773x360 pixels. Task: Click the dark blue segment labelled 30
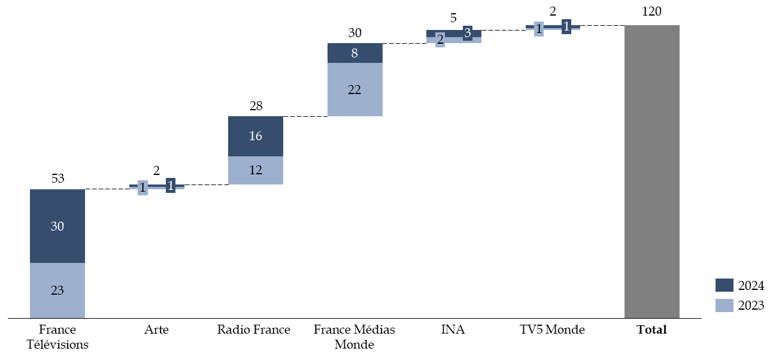tap(57, 210)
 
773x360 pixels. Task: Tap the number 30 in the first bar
tap(57, 226)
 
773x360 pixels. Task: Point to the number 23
tap(57, 291)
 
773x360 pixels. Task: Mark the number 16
tap(256, 137)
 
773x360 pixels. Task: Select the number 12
tap(256, 170)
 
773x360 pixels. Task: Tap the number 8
tap(354, 53)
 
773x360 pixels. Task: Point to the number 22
tap(354, 90)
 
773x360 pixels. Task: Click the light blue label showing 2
tap(440, 40)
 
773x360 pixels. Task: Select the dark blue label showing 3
tap(468, 33)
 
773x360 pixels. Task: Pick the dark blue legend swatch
tap(724, 285)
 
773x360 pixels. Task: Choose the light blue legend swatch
tap(724, 305)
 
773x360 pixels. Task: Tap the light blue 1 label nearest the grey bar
tap(539, 29)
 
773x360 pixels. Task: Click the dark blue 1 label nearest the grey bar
tap(566, 26)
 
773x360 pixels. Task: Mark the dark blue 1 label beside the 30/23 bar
tap(171, 186)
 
